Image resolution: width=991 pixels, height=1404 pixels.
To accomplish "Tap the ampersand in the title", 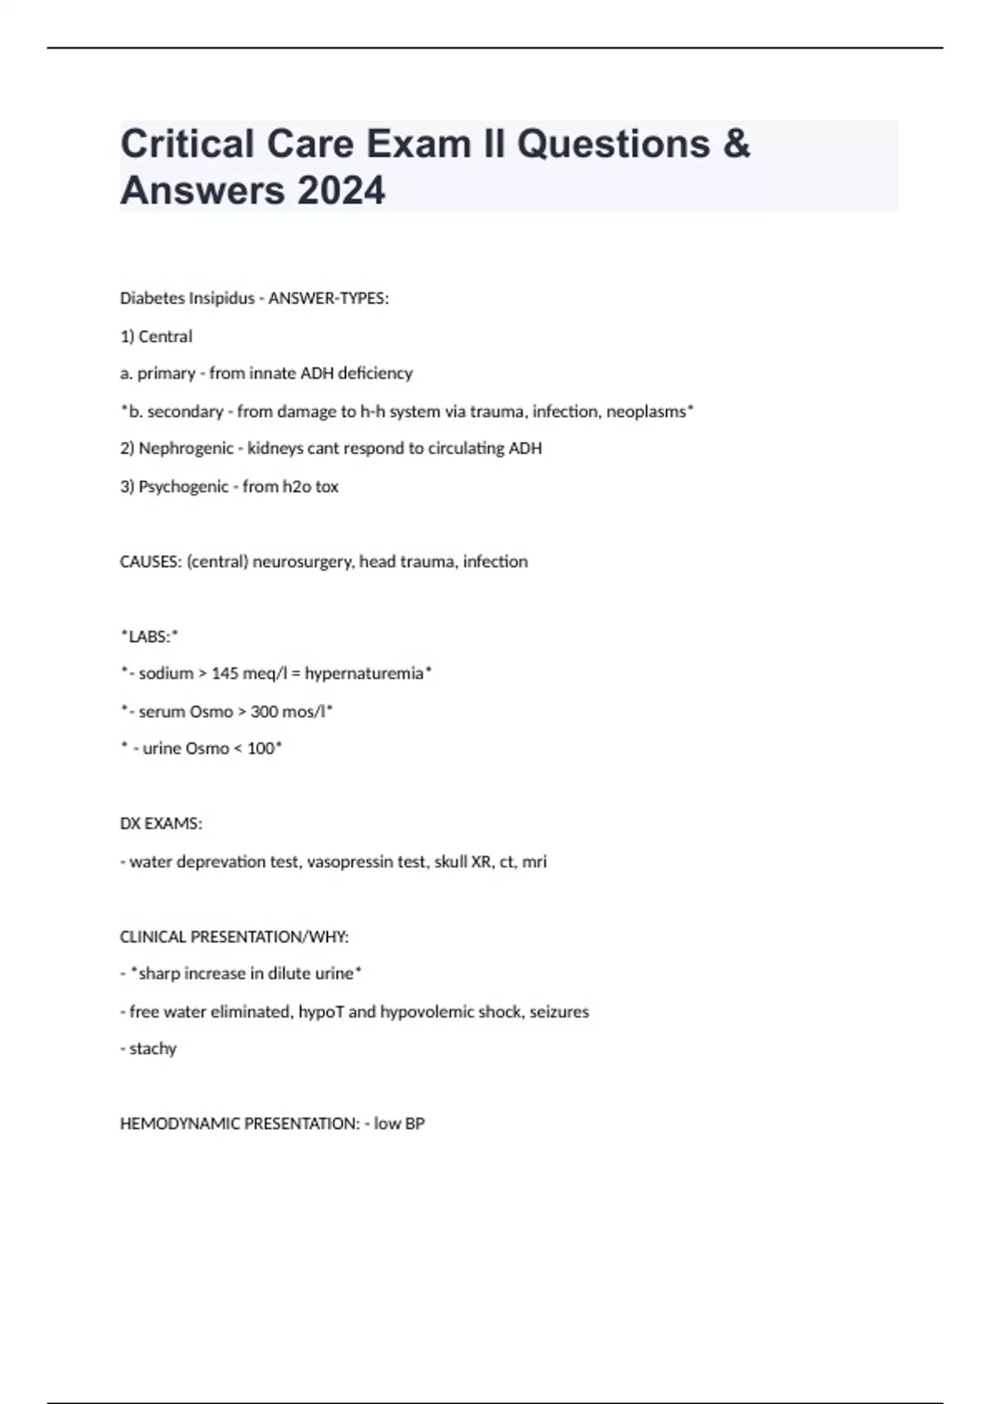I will click(736, 144).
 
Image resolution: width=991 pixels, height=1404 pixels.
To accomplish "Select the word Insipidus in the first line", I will click(221, 298).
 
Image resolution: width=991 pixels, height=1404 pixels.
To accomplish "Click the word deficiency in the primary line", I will click(376, 373).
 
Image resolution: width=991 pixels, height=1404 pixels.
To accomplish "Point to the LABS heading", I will click(149, 637).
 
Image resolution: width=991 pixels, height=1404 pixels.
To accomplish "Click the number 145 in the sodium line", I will click(225, 674).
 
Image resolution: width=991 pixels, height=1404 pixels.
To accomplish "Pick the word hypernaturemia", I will click(364, 674).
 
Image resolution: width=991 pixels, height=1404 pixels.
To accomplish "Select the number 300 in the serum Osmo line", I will click(263, 712).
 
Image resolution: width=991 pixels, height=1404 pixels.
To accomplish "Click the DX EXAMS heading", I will click(161, 823).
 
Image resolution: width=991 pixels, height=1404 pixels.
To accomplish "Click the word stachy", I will click(153, 1049).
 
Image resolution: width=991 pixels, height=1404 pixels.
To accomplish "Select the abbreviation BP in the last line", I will click(415, 1124).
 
